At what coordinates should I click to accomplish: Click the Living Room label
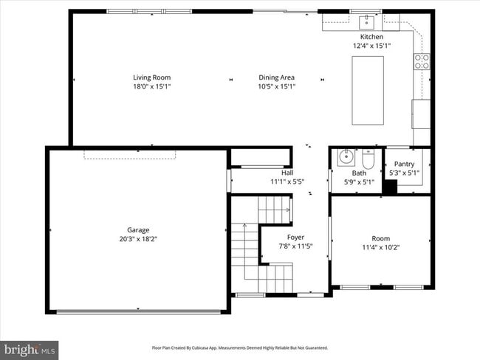(x=151, y=77)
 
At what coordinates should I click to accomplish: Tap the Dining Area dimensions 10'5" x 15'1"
(x=277, y=86)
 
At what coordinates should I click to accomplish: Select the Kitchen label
(x=371, y=37)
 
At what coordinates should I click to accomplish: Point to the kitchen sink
(x=366, y=21)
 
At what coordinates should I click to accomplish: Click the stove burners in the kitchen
(x=422, y=61)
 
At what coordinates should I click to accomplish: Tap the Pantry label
(x=404, y=165)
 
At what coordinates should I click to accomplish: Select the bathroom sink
(x=345, y=158)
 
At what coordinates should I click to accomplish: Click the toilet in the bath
(x=368, y=160)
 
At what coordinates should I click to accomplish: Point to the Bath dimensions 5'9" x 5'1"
(x=358, y=181)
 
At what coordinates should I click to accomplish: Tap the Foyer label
(x=295, y=238)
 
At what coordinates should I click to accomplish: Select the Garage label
(x=138, y=230)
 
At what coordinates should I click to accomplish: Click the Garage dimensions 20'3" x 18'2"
(x=138, y=239)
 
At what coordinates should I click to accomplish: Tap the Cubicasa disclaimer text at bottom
(x=240, y=347)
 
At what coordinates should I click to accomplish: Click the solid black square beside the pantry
(x=390, y=187)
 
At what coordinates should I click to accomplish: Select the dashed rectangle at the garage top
(x=130, y=153)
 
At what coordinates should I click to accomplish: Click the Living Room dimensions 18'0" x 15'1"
(x=151, y=86)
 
